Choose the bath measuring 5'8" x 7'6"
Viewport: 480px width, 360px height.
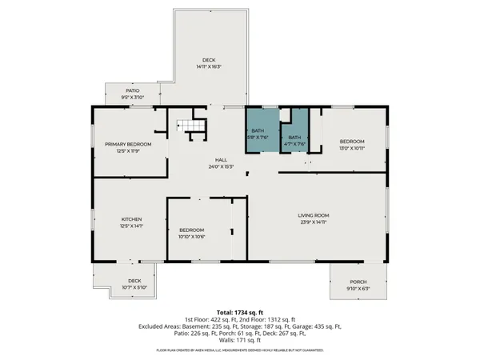coord(258,130)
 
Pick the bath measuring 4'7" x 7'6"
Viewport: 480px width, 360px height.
coord(295,138)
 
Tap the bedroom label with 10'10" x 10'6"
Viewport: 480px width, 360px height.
coord(191,230)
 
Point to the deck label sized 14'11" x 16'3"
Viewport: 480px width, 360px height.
coord(209,60)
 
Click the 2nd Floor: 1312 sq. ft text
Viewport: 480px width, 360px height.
coord(270,319)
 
